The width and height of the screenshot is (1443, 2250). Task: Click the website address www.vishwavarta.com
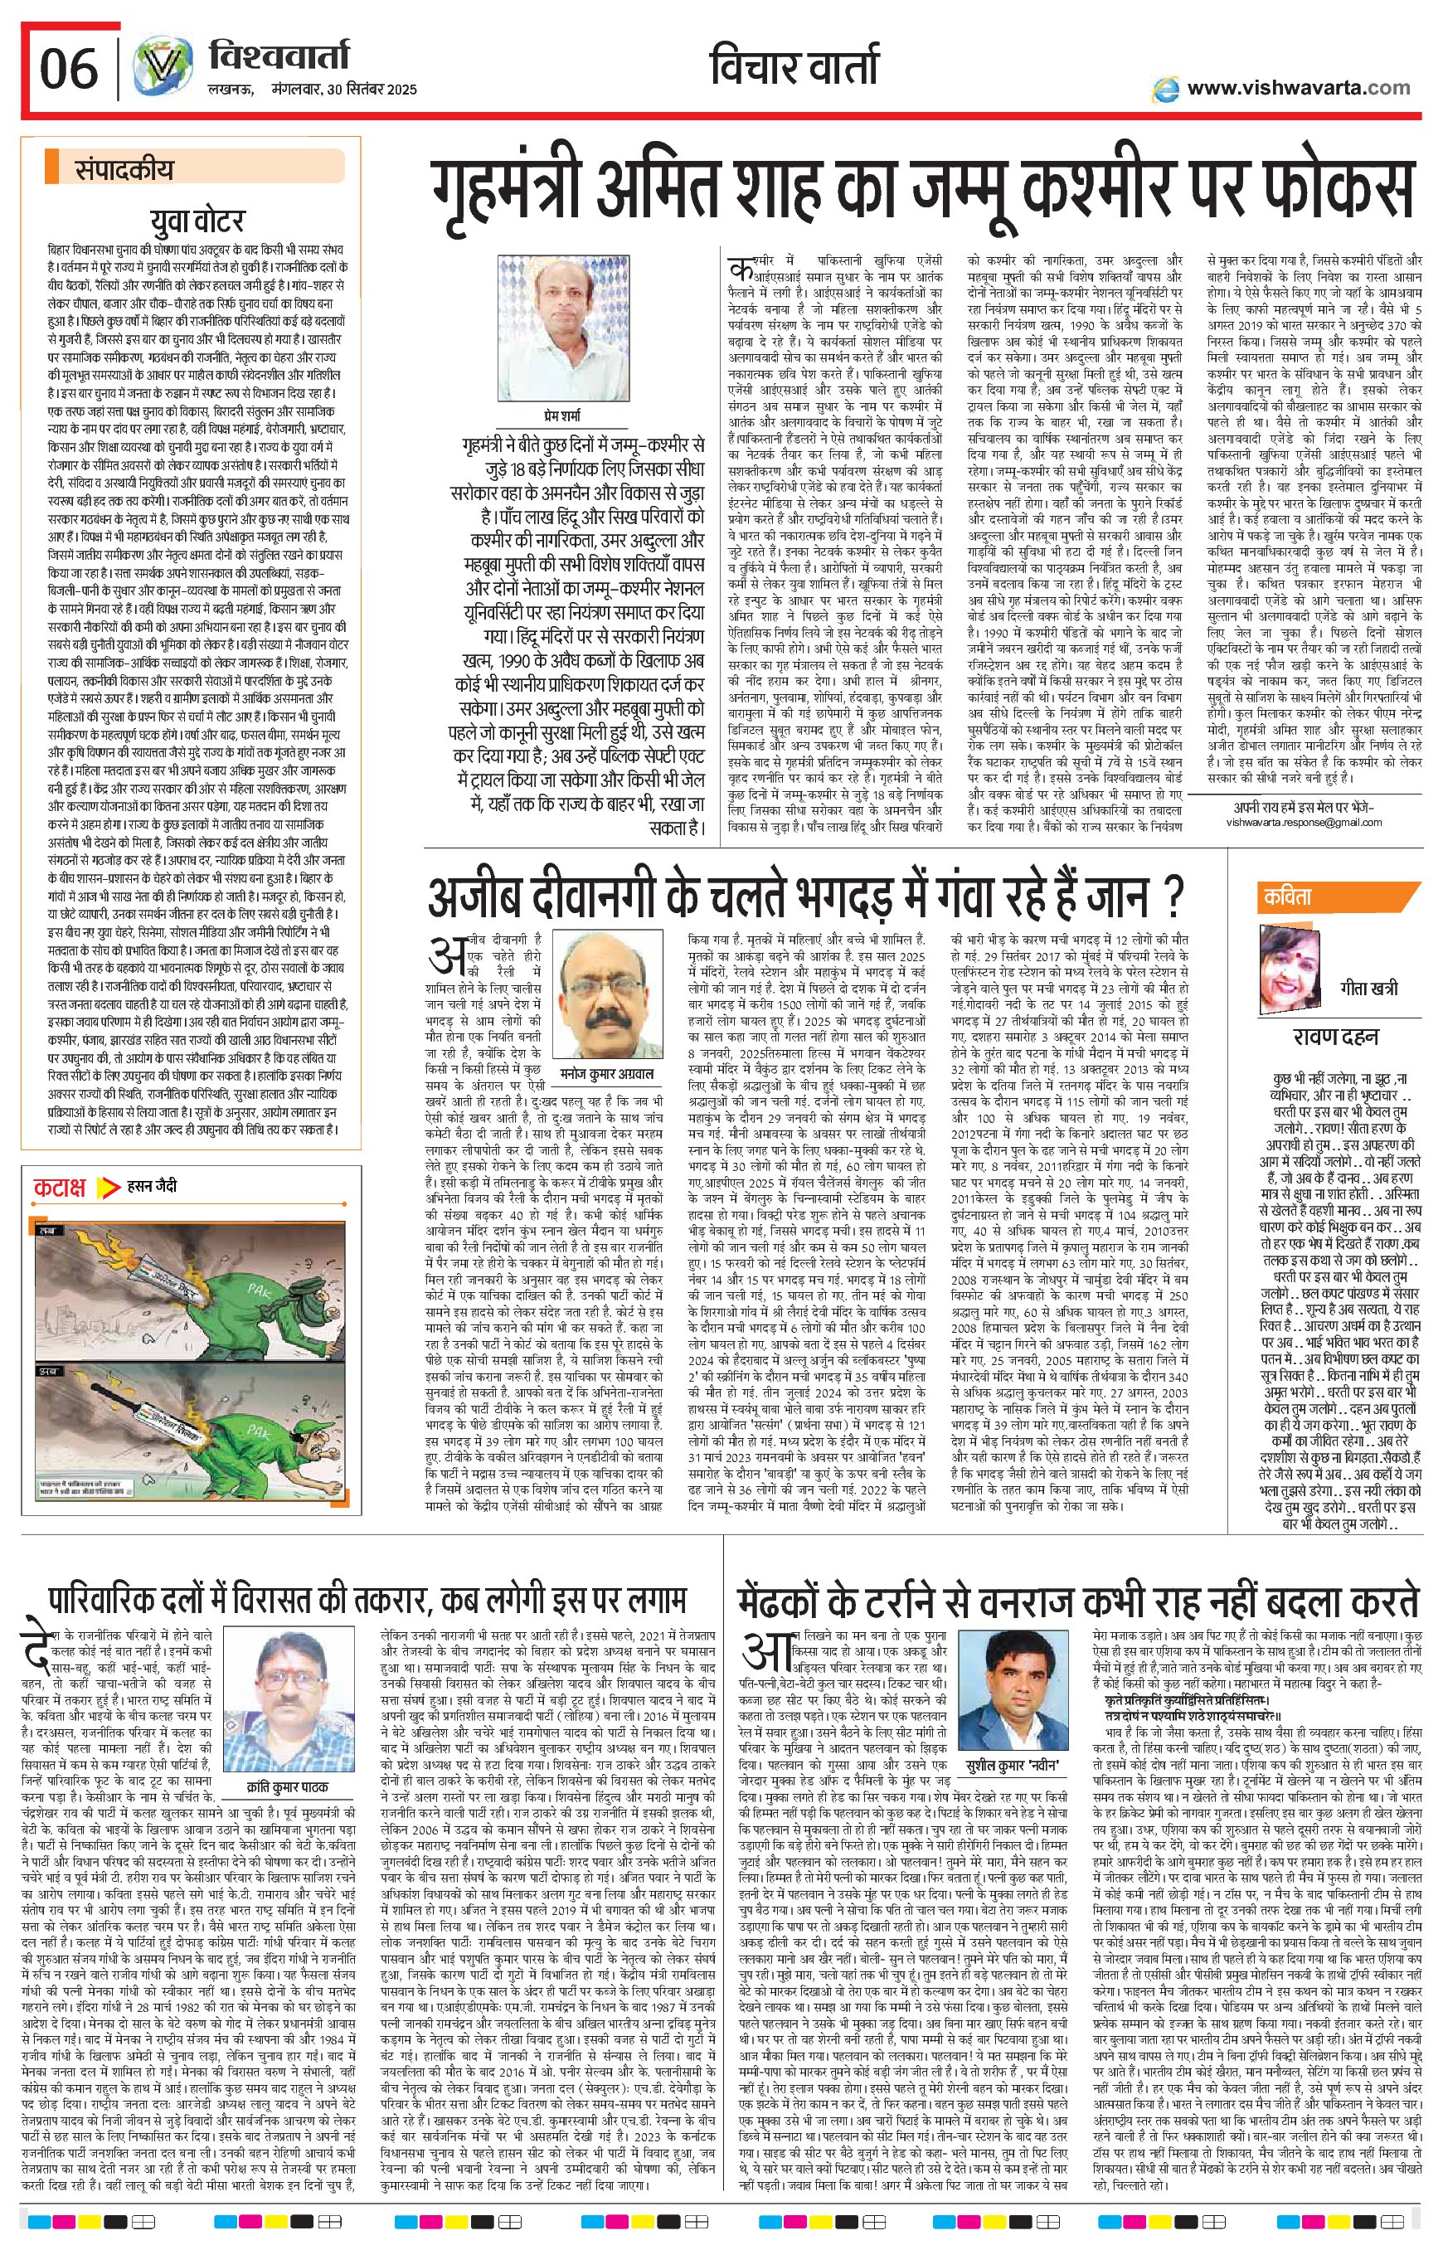click(x=1297, y=88)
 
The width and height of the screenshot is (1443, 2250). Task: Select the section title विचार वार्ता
click(x=793, y=67)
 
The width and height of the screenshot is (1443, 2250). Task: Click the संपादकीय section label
click(x=124, y=170)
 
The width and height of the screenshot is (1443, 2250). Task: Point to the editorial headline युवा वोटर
click(x=197, y=222)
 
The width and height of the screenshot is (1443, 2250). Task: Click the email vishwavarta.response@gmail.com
click(x=1304, y=822)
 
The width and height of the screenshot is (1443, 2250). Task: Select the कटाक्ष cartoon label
click(x=59, y=1188)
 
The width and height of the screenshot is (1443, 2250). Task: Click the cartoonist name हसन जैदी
click(x=152, y=1188)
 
